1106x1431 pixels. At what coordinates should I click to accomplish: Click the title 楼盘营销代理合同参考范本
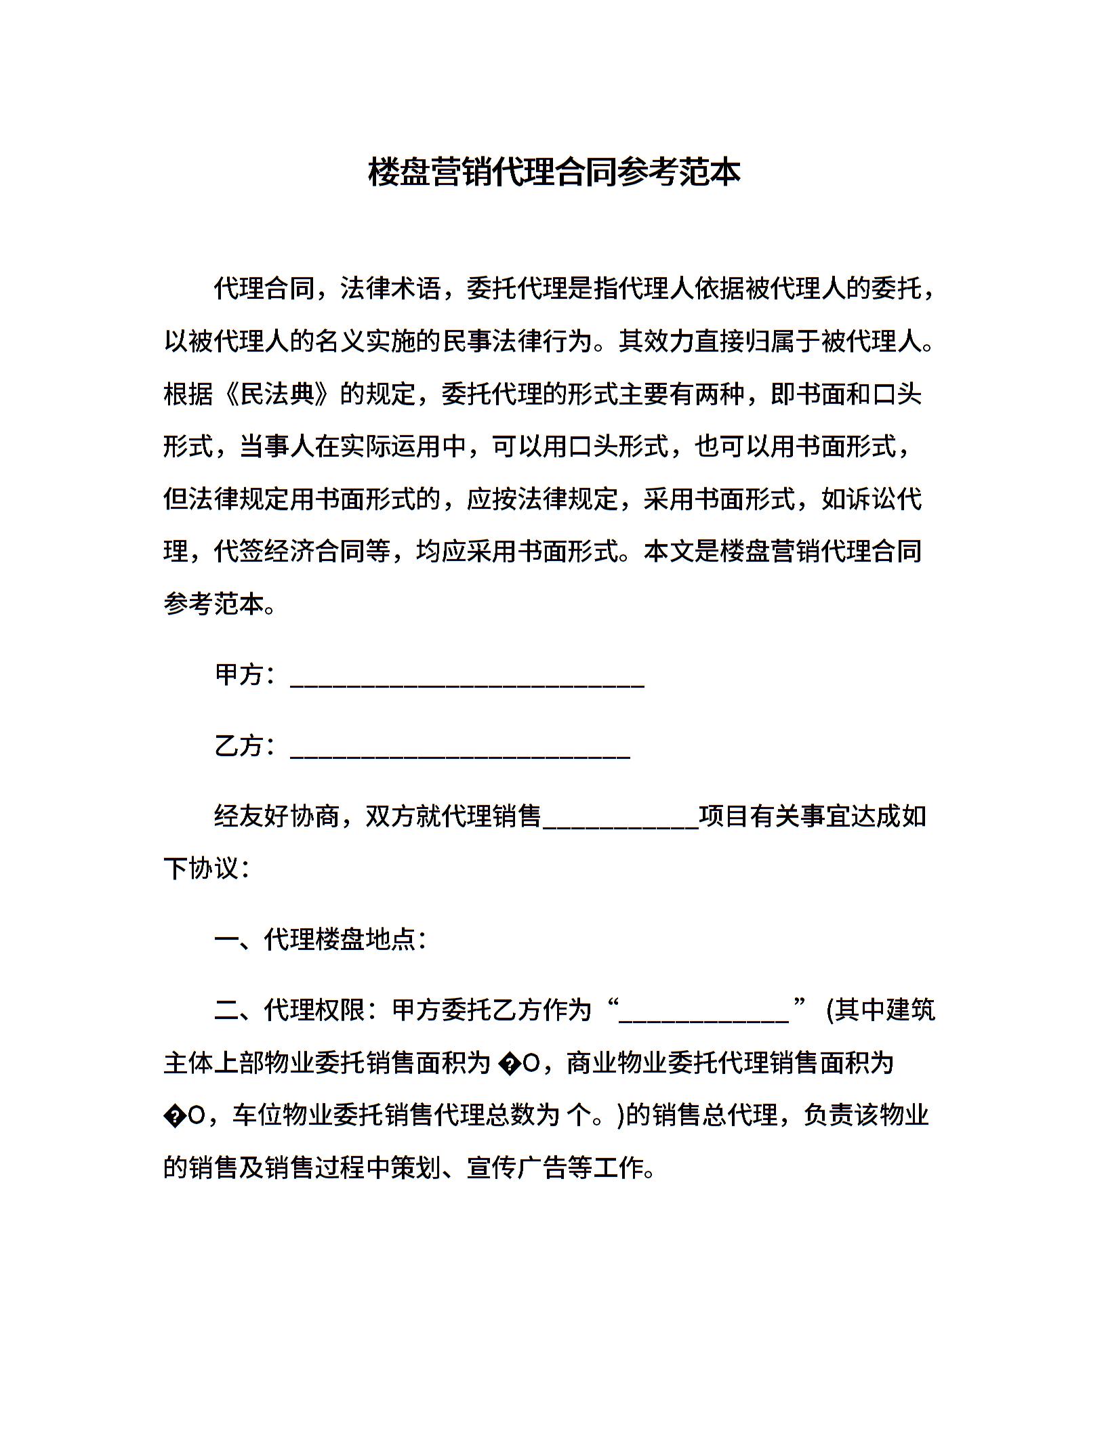554,172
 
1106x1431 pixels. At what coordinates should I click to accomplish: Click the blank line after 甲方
467,684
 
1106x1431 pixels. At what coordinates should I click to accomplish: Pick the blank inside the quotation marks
704,1019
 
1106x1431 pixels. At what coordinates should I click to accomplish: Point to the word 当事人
277,446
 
